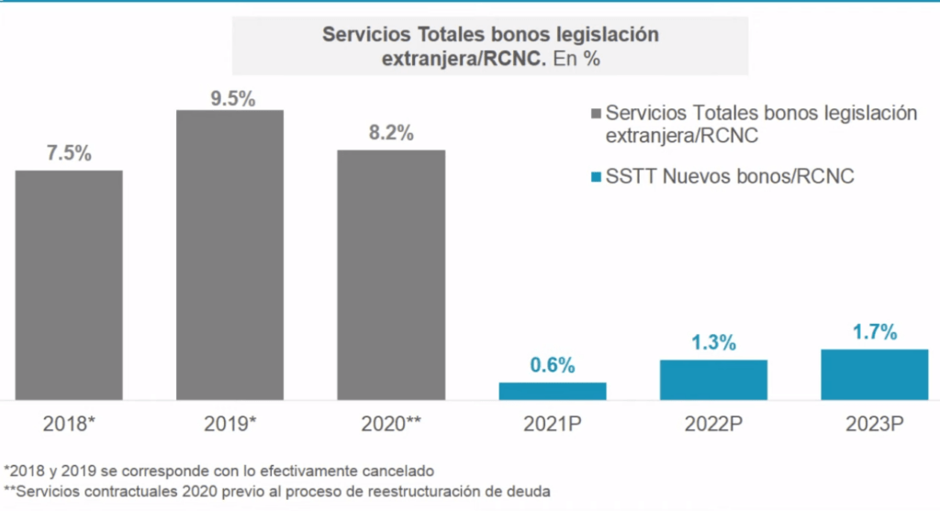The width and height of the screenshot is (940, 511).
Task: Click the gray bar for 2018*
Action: pos(69,284)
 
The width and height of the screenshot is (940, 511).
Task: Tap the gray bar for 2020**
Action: pos(391,274)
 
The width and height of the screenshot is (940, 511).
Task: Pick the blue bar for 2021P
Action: pos(553,391)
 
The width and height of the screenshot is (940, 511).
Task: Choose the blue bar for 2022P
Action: pos(713,380)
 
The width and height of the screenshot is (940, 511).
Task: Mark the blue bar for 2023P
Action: pos(874,374)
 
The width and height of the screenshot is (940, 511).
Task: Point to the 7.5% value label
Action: pos(69,154)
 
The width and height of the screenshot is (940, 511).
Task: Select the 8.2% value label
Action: pos(391,132)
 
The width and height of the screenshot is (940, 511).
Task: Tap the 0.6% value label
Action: pos(553,365)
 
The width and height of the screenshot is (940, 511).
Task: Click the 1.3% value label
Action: pos(713,343)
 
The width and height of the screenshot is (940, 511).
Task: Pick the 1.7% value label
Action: pos(874,333)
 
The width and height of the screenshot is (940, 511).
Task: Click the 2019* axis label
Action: pos(229,424)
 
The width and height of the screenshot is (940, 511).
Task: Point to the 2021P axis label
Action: pos(552,424)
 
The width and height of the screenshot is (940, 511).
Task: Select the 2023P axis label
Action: pos(874,424)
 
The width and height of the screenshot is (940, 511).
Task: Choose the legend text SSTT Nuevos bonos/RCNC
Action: pos(730,177)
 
